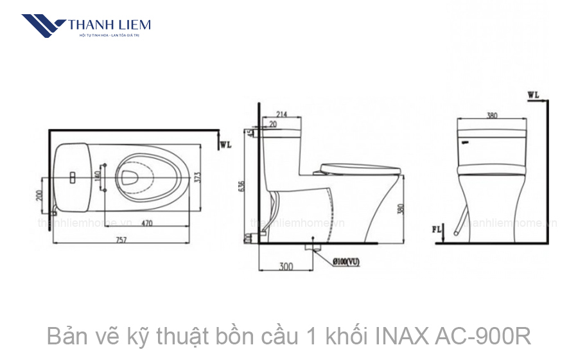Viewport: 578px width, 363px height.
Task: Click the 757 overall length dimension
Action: (121, 240)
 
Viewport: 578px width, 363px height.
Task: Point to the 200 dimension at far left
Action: (40, 195)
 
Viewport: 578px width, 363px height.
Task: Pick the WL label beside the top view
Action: (225, 145)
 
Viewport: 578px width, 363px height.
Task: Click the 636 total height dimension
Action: (241, 186)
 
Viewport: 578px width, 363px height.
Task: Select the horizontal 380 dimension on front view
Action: (491, 116)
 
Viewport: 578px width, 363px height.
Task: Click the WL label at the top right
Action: (533, 95)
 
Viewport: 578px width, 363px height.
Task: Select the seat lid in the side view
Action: (360, 169)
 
